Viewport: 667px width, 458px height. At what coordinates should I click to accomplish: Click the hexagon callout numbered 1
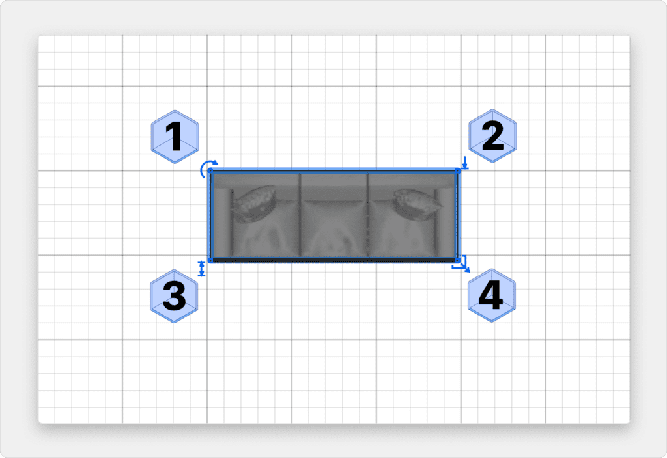175,137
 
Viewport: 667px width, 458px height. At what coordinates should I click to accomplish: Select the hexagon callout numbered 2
492,136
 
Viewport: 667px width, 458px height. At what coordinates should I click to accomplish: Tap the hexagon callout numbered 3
175,296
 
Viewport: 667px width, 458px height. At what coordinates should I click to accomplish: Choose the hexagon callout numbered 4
492,296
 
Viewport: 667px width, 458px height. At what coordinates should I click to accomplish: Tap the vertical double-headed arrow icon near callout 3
202,269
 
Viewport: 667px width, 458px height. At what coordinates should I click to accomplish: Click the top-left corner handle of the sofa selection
210,171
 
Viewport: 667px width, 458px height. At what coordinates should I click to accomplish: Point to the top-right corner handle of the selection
458,171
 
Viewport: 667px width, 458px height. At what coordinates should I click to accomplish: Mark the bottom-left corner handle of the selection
210,260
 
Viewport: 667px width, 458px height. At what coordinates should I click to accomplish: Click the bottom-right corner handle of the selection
458,260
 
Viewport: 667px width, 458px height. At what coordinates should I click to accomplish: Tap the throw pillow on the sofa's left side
254,203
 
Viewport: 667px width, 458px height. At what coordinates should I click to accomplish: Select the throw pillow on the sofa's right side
416,204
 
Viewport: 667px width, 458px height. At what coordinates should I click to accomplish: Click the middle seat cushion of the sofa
334,228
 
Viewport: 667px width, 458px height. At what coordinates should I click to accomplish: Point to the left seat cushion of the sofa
266,230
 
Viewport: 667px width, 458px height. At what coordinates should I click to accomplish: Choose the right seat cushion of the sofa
401,230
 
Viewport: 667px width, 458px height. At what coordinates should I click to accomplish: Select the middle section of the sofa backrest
334,187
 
